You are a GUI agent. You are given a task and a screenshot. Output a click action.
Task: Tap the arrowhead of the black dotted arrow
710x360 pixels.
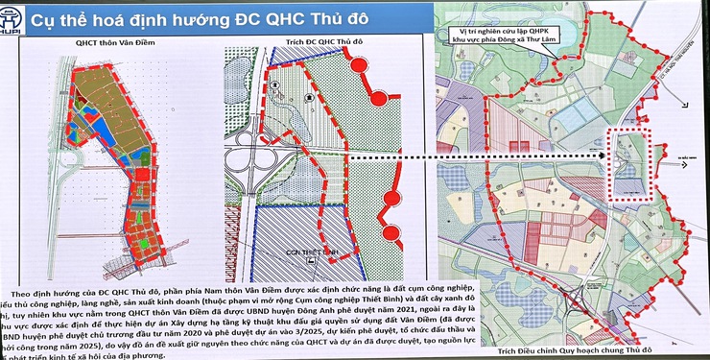click(x=606, y=154)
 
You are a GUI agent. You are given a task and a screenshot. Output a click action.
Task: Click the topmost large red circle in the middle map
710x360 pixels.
click(x=359, y=67)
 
